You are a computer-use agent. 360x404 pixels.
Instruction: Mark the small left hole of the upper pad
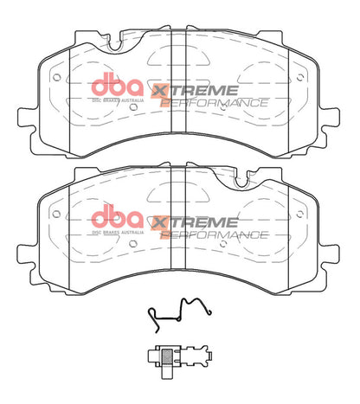pyautogui.click(x=56, y=75)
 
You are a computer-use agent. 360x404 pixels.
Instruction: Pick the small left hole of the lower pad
pyautogui.click(x=56, y=208)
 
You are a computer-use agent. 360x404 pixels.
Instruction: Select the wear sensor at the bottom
pyautogui.click(x=177, y=356)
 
